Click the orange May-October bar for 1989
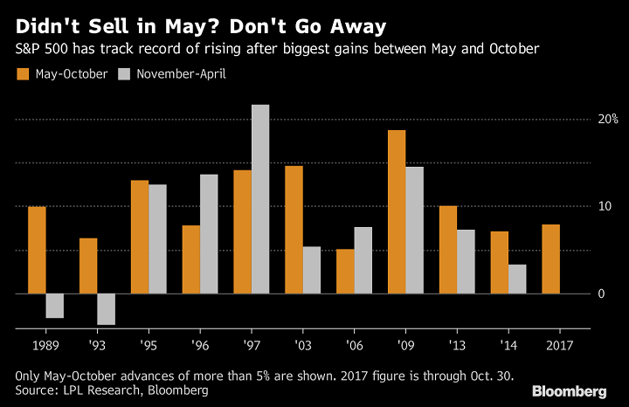coord(37,250)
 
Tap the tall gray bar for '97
coord(260,199)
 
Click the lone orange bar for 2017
coord(551,259)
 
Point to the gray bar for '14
coord(517,279)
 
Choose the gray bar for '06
coord(363,260)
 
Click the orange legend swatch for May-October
coord(23,74)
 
